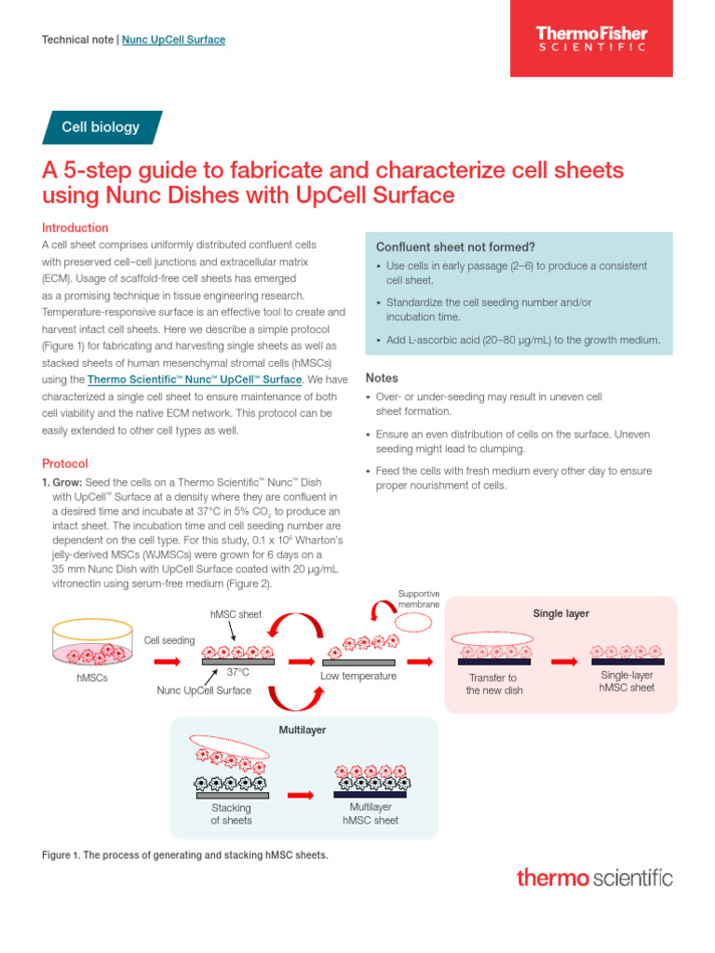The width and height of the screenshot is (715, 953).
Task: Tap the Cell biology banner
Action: (x=101, y=128)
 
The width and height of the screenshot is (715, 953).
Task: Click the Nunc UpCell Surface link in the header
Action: (x=174, y=40)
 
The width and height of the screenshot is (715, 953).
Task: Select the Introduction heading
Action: (x=75, y=228)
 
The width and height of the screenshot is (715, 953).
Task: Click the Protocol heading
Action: (x=65, y=463)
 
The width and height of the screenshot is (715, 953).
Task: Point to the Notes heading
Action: (x=382, y=379)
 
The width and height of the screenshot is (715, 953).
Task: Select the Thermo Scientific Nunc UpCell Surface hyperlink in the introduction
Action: (x=195, y=380)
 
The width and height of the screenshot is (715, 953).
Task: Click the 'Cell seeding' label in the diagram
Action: (x=169, y=640)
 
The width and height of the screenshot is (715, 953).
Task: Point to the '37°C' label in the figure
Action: (x=238, y=672)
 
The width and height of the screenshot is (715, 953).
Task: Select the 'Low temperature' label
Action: (x=358, y=676)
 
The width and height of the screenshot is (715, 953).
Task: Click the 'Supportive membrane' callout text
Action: (x=418, y=598)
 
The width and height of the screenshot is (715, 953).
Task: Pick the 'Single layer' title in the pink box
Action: (x=560, y=614)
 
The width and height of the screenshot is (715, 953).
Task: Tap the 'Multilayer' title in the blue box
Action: (x=303, y=730)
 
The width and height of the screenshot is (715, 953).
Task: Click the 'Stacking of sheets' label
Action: (x=231, y=814)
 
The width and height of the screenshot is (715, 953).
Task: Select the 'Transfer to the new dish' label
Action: (x=492, y=684)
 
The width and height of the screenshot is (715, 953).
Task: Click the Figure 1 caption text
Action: (x=185, y=854)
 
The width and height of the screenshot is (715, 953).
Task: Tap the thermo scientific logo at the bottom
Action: (x=594, y=877)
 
